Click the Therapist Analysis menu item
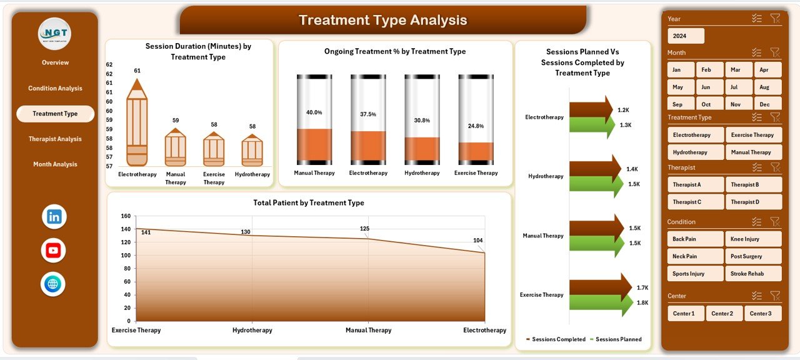[x=55, y=139]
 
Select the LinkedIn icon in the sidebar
[x=54, y=217]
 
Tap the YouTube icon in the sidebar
[x=54, y=251]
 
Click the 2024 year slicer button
[x=686, y=36]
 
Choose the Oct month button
[x=706, y=104]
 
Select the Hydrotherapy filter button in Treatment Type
[x=696, y=152]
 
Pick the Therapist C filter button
[x=696, y=202]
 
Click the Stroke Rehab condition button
[x=753, y=274]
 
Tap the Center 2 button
[x=724, y=313]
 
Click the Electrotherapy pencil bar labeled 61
[x=137, y=125]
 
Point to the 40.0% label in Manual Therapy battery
[x=314, y=112]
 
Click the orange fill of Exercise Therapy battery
[x=476, y=152]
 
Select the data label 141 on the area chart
[x=146, y=232]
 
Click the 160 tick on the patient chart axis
[x=125, y=216]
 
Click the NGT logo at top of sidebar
[x=54, y=34]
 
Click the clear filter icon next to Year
[x=775, y=19]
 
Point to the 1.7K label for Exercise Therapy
[x=642, y=288]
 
